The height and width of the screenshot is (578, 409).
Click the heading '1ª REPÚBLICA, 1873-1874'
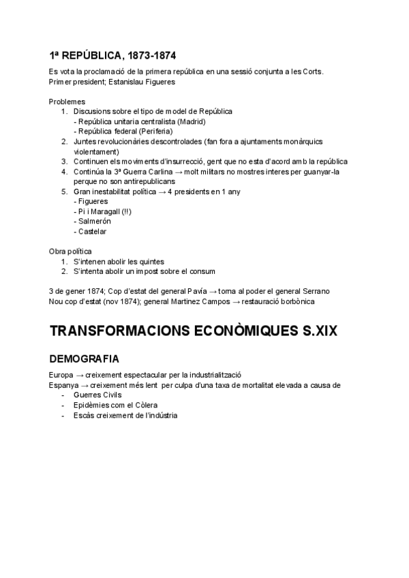[x=117, y=55]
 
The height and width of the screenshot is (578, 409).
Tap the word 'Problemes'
[x=67, y=101]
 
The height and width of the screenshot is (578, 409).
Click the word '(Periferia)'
[x=156, y=131]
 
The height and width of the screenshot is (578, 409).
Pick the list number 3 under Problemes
[x=65, y=162]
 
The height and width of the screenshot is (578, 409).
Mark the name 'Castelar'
[x=93, y=232]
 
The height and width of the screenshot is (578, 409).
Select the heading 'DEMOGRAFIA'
[x=85, y=358]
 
